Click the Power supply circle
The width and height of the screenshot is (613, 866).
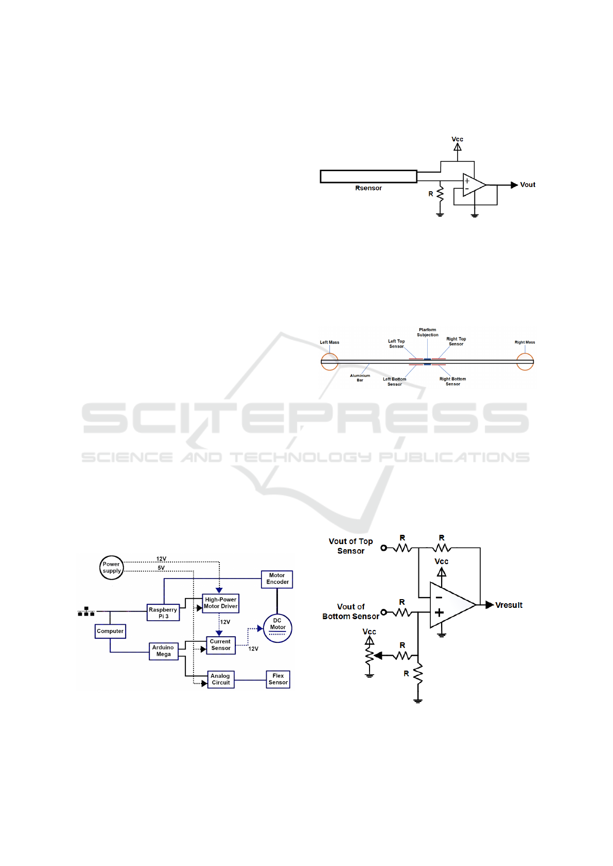point(112,568)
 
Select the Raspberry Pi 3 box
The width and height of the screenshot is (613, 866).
point(163,612)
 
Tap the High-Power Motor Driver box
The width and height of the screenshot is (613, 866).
point(221,603)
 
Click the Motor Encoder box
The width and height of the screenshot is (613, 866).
point(277,579)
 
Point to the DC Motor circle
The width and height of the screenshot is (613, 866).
point(277,628)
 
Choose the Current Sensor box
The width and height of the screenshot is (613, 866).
point(221,645)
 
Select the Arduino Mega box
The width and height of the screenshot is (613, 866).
point(163,651)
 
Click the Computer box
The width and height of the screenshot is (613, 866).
point(110,631)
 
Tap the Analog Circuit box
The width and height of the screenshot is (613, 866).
point(221,679)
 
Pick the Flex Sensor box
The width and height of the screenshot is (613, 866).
point(278,679)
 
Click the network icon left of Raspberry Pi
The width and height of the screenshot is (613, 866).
point(86,611)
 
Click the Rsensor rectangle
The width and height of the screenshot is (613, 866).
point(369,176)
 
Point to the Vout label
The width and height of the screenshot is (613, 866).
point(528,185)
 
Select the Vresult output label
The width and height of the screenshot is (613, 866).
point(509,605)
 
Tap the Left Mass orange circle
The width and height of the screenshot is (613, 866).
point(330,362)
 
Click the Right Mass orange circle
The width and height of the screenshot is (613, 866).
point(525,362)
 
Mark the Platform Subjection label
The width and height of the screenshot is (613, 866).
point(428,333)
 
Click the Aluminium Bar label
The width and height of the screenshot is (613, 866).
point(360,377)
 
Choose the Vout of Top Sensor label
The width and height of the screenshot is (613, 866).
point(351,546)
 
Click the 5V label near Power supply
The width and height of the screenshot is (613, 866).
point(161,568)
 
